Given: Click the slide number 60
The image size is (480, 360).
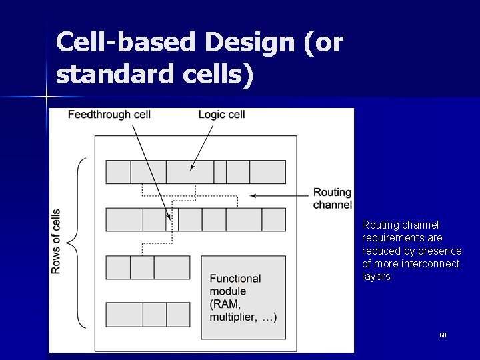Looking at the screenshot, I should pyautogui.click(x=442, y=335).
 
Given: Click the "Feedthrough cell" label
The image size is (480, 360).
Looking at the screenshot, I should pyautogui.click(x=109, y=115).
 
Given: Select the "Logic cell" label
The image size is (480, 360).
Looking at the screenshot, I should pyautogui.click(x=221, y=115).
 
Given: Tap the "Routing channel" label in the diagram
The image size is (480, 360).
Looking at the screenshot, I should pyautogui.click(x=332, y=198).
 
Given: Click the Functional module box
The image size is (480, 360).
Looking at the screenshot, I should pyautogui.click(x=243, y=297).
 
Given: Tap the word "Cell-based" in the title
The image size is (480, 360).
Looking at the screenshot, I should pyautogui.click(x=126, y=43).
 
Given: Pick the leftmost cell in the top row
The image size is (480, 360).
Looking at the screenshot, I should pyautogui.click(x=119, y=171).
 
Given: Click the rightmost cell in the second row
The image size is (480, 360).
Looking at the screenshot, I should pyautogui.click(x=273, y=219).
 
